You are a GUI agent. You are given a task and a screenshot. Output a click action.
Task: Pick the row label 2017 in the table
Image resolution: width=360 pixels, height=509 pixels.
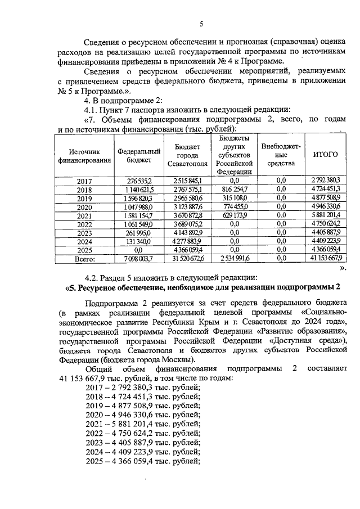84,180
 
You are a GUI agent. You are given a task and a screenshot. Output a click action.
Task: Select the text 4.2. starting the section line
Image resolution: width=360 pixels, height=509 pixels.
92,277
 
